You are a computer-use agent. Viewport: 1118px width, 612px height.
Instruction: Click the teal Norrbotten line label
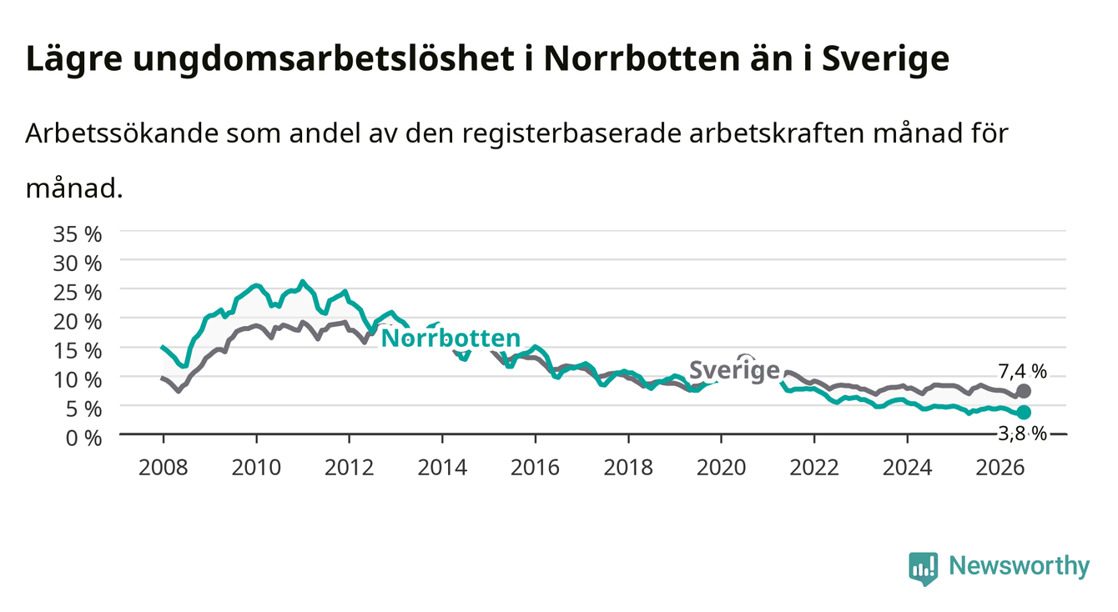point(451,339)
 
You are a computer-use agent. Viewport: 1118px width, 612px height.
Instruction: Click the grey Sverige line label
point(734,370)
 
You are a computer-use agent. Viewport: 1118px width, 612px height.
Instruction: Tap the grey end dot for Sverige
point(1024,391)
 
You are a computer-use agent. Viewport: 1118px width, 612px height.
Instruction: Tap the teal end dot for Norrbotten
point(1024,413)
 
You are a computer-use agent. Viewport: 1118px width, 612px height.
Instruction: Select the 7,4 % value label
point(1022,371)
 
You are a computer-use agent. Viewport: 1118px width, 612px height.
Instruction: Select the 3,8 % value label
point(1022,434)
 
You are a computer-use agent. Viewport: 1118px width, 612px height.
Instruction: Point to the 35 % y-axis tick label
point(78,234)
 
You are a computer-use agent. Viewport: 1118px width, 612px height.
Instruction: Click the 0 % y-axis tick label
point(83,438)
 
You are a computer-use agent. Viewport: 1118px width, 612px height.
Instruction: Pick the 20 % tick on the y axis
point(78,321)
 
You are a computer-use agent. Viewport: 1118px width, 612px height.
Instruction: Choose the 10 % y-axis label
point(78,379)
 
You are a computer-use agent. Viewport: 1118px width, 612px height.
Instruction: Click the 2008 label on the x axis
point(164,468)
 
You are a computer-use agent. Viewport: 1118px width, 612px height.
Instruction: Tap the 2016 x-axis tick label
point(535,468)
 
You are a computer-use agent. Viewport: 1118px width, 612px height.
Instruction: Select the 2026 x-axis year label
point(1000,468)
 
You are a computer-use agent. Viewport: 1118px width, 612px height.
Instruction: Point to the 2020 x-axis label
point(721,468)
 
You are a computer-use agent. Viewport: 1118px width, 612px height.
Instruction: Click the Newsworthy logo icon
point(924,569)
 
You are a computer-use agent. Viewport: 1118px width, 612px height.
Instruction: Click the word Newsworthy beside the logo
point(1020,566)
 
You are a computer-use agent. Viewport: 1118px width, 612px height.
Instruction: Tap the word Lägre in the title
point(74,60)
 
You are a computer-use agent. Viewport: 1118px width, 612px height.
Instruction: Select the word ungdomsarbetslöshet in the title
point(324,60)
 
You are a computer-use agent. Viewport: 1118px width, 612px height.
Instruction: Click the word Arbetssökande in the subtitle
point(122,133)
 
